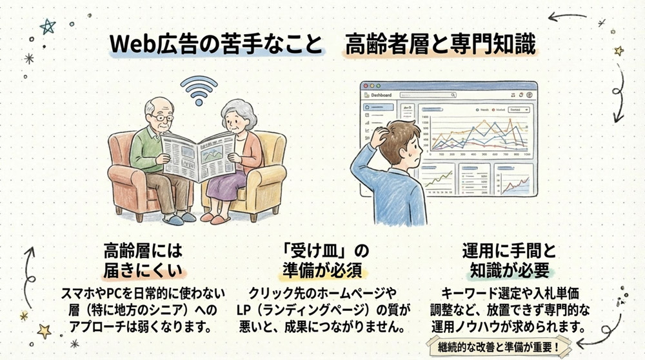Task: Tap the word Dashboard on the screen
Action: coord(381,95)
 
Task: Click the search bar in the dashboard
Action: coord(428,95)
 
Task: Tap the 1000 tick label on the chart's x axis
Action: coord(527,155)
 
